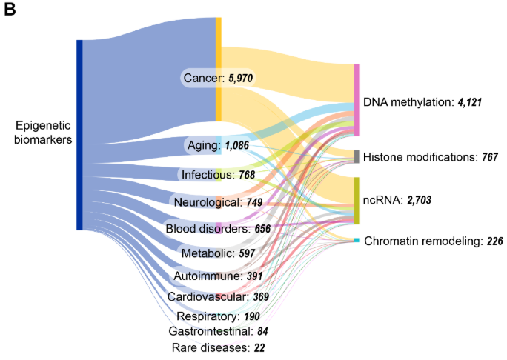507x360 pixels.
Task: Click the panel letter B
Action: pyautogui.click(x=11, y=11)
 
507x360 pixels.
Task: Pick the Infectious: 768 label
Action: pyautogui.click(x=219, y=176)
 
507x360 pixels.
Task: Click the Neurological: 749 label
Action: pyautogui.click(x=218, y=201)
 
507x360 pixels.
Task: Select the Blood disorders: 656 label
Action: pyautogui.click(x=217, y=228)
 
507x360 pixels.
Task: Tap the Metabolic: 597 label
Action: pyautogui.click(x=218, y=254)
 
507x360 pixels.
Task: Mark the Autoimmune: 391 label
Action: pyautogui.click(x=218, y=276)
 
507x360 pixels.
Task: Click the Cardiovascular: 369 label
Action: pyautogui.click(x=217, y=296)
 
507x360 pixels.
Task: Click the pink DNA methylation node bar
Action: pyautogui.click(x=357, y=101)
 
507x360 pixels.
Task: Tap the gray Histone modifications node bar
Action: pyautogui.click(x=357, y=156)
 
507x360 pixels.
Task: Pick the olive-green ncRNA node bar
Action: pyautogui.click(x=357, y=200)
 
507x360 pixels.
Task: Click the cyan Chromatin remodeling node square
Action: pyautogui.click(x=357, y=241)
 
